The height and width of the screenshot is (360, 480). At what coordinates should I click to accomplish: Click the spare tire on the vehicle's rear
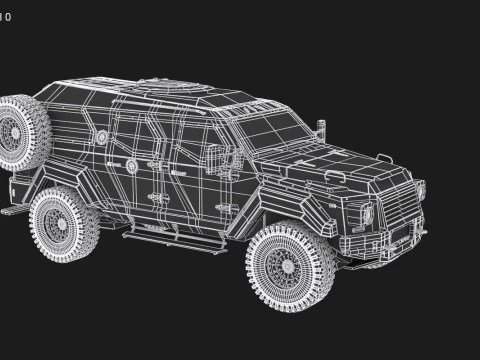22,132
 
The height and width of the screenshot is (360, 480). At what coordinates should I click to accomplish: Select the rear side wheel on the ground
64,224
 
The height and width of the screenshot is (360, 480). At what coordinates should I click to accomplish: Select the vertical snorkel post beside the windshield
322,128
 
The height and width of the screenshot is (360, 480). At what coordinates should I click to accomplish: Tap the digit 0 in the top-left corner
9,17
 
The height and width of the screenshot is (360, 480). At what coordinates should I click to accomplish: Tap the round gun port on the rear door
131,165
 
